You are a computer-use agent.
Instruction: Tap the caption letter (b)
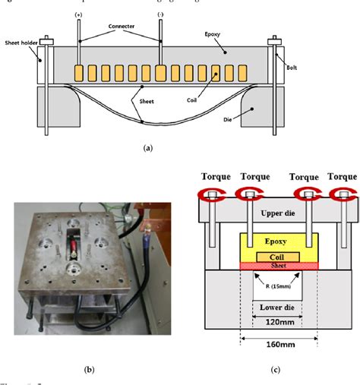click(89, 370)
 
